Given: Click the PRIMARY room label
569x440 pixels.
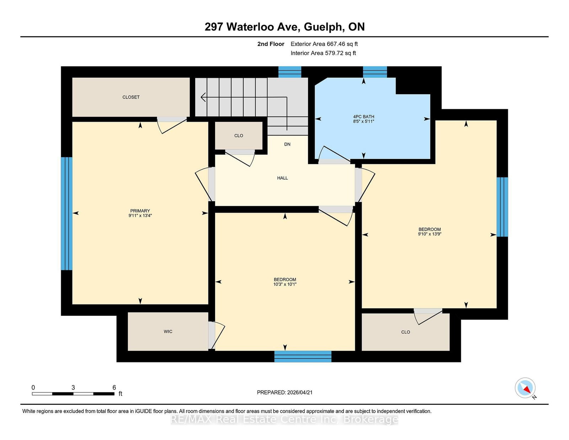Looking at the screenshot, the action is [x=140, y=211].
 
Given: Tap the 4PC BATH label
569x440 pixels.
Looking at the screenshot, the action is [x=363, y=117].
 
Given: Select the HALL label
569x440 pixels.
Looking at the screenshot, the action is [x=282, y=178].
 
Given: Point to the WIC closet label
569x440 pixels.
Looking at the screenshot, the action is [x=168, y=332].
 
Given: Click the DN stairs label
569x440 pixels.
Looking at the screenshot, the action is [x=287, y=144].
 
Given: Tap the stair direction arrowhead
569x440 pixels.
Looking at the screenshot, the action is [x=203, y=97].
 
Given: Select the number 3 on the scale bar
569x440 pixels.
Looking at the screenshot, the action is [x=73, y=387].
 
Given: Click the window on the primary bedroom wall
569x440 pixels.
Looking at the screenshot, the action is [x=67, y=213].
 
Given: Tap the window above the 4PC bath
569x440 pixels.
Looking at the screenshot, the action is [x=375, y=72].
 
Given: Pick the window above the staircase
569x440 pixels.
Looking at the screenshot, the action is [x=289, y=72].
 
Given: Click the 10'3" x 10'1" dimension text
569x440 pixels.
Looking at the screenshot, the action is [x=285, y=284].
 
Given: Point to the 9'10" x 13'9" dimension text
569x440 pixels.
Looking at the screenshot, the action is [x=430, y=234].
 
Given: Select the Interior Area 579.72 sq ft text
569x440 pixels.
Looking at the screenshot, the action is [x=323, y=53].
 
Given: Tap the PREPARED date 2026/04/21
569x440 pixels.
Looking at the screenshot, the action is [x=300, y=392].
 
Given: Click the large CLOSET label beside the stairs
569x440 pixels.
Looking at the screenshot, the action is [x=131, y=97].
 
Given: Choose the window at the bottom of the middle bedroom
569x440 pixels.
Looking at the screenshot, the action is [x=303, y=356].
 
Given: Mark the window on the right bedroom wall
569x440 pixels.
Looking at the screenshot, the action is [x=502, y=207].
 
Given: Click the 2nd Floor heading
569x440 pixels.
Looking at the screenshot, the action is [x=271, y=44].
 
